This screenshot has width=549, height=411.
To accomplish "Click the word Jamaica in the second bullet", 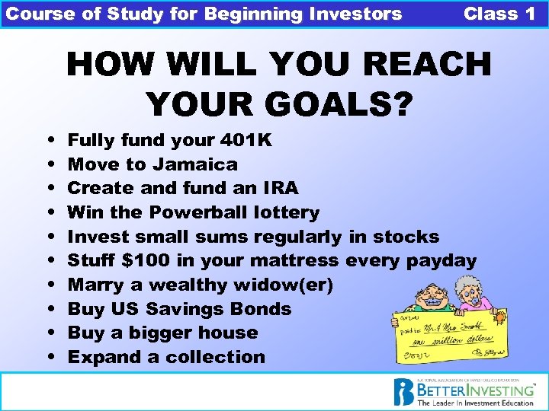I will pyautogui.click(x=194, y=164).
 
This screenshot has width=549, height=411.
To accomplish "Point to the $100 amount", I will pyautogui.click(x=146, y=261).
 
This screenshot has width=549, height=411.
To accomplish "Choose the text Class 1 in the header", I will pyautogui.click(x=499, y=14).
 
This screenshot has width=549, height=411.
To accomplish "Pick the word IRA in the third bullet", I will pyautogui.click(x=281, y=188).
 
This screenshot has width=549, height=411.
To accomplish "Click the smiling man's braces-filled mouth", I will pyautogui.click(x=432, y=301).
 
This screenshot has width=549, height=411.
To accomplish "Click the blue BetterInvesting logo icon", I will pyautogui.click(x=403, y=392).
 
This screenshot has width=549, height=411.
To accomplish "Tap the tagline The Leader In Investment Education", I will pyautogui.click(x=476, y=403).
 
